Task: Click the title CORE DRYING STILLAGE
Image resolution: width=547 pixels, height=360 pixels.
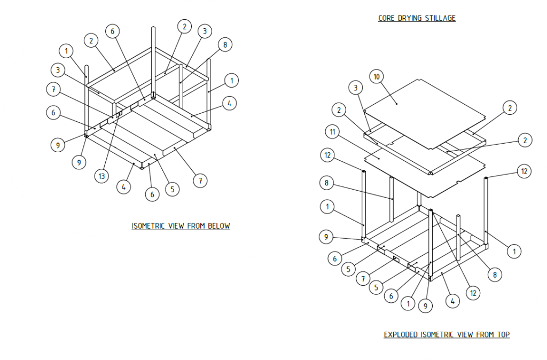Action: (417, 18)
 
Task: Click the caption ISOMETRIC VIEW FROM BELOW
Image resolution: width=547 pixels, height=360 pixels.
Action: (181, 226)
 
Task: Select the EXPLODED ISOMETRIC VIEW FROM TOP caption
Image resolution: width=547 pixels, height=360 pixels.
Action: (447, 335)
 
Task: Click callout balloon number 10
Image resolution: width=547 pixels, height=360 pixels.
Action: (377, 77)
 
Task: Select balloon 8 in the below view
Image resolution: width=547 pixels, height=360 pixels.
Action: (225, 45)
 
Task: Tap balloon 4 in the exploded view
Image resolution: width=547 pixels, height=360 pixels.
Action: (452, 301)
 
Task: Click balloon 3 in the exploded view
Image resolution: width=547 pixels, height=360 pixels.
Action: (356, 87)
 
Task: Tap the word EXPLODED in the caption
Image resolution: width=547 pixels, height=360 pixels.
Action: (401, 335)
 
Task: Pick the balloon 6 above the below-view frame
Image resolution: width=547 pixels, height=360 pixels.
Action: (112, 32)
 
